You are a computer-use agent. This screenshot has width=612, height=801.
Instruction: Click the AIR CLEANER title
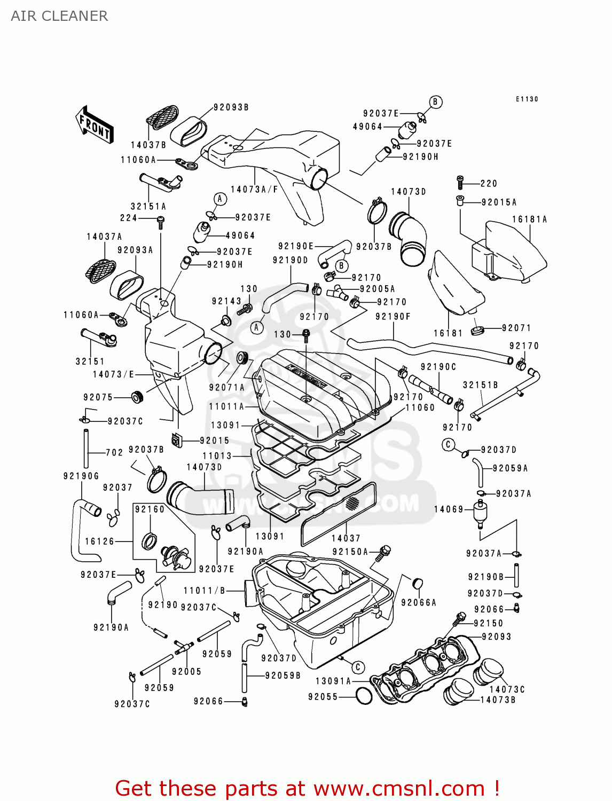[x=59, y=16]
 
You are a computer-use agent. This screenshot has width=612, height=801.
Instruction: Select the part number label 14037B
[x=148, y=145]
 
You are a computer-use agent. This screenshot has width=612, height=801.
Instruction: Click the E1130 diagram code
[x=527, y=99]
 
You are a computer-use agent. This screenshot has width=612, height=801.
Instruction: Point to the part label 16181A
[x=529, y=219]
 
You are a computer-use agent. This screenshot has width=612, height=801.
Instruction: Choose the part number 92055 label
[x=323, y=697]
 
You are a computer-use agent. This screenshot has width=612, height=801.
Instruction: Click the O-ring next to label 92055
[x=364, y=696]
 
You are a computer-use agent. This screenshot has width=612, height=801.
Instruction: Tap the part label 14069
[x=449, y=509]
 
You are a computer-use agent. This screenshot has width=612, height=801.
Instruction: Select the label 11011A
[x=226, y=407]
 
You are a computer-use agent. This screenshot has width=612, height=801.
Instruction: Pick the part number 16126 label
[x=99, y=541]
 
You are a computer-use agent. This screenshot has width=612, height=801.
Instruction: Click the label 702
[x=114, y=452]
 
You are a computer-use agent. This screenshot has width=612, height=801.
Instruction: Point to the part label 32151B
[x=480, y=385]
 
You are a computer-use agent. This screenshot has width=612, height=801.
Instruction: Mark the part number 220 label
[x=489, y=184]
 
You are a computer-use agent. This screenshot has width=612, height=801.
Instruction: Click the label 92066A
[x=418, y=602]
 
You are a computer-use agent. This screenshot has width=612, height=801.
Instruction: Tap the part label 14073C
[x=507, y=689]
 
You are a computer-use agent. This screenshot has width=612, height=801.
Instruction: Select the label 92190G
[x=81, y=476]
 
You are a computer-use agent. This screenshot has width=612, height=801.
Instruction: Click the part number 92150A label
[x=350, y=552]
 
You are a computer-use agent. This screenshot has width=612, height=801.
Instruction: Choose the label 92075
[x=98, y=397]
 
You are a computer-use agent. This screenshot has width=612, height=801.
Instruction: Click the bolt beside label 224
[x=160, y=220]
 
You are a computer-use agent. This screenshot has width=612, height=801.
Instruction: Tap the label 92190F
[x=393, y=317]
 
